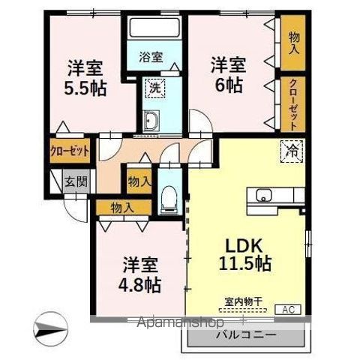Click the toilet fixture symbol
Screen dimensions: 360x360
[169, 199]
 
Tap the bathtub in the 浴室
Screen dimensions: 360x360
[155, 27]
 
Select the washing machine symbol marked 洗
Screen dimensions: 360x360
[155, 88]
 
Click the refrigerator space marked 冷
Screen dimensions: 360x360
[292, 151]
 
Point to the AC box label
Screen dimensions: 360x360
[288, 310]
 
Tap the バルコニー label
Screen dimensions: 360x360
[246, 334]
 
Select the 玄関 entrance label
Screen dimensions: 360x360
[76, 181]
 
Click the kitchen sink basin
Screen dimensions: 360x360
[264, 195]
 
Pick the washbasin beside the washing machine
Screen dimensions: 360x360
[151, 121]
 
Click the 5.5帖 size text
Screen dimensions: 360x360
[85, 88]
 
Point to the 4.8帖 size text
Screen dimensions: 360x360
[139, 285]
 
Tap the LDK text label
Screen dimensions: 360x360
[244, 246]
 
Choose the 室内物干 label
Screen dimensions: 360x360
[243, 301]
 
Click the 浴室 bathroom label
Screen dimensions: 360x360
[151, 57]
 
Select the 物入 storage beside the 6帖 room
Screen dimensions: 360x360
[293, 43]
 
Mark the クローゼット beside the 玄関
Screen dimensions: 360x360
[70, 151]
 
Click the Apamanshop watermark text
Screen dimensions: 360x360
[181, 322]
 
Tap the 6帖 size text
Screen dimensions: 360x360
[229, 85]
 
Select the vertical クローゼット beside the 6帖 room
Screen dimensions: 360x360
[293, 104]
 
